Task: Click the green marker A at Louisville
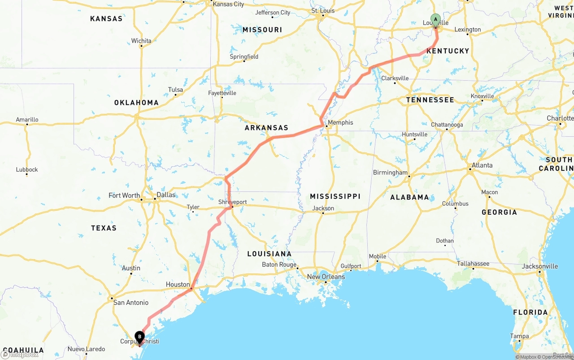pos(435,20)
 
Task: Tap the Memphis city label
pos(340,122)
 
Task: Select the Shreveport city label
pos(232,202)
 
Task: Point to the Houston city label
pos(178,284)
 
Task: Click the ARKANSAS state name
pos(266,128)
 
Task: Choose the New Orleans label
pos(326,277)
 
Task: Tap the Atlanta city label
pos(482,165)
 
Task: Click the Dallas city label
pos(165,195)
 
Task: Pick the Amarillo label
pos(27,120)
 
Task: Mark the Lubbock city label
pos(27,169)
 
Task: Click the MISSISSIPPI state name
pos(335,196)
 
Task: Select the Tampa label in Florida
pos(519,336)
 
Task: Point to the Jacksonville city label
pos(540,266)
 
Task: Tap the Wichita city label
pos(141,41)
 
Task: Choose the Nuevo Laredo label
pos(86,349)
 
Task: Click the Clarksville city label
pos(395,78)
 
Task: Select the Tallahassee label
pos(473,264)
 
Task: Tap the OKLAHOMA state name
pos(136,103)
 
